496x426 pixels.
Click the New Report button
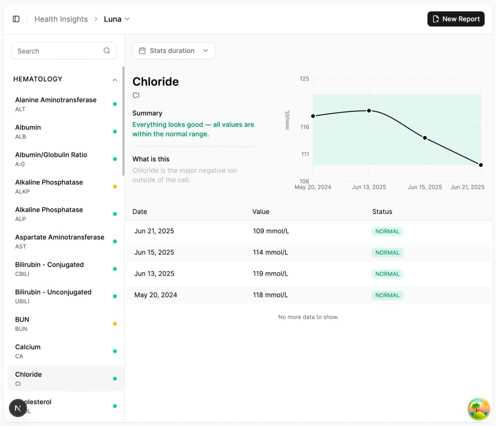[456, 19]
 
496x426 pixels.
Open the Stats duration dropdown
[174, 51]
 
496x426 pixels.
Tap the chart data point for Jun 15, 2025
[425, 138]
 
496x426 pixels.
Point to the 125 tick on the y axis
[304, 79]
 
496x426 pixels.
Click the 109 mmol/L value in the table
[271, 231]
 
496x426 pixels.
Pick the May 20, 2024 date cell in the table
[155, 295]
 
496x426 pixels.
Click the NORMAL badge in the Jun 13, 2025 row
[387, 274]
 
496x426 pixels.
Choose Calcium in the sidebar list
[28, 351]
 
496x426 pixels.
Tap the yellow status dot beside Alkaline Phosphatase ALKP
[115, 187]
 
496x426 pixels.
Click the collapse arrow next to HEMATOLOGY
[115, 80]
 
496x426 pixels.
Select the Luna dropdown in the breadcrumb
[117, 19]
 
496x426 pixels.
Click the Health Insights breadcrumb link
[61, 19]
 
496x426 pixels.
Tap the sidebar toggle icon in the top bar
[16, 19]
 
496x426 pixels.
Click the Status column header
[382, 212]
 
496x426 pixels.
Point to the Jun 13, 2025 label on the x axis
[369, 187]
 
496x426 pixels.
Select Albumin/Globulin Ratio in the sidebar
[51, 159]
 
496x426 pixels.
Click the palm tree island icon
[479, 409]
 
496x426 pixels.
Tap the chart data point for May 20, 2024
[313, 116]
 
